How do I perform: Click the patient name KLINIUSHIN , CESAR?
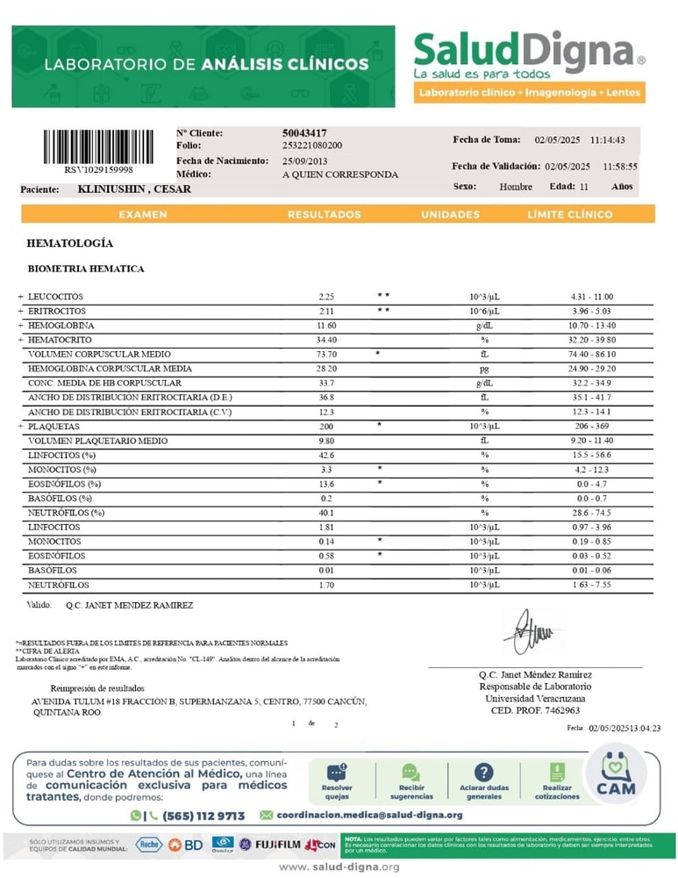click(x=134, y=189)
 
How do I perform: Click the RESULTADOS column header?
click(x=324, y=214)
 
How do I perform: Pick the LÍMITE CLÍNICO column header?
click(x=569, y=214)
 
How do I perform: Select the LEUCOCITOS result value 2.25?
click(x=326, y=297)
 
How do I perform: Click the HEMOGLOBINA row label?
click(x=61, y=326)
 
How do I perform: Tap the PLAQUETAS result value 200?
click(x=326, y=426)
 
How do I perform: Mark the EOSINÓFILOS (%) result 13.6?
click(x=326, y=484)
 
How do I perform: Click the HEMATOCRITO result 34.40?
click(x=326, y=340)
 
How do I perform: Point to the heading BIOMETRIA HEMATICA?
click(x=86, y=269)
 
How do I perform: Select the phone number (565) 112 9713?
click(x=203, y=815)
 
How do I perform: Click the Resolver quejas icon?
click(x=338, y=780)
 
